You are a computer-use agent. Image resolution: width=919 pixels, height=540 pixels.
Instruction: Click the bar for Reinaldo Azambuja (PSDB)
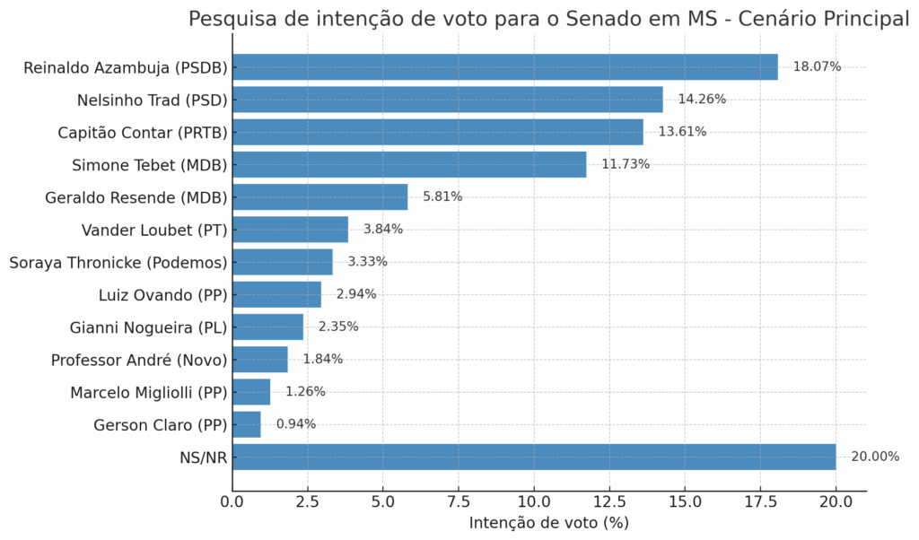504,67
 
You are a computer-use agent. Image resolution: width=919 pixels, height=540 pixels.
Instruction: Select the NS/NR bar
534,457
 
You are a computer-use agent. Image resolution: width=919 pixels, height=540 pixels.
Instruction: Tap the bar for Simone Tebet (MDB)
409,164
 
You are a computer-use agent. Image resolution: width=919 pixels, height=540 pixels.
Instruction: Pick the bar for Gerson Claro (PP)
247,424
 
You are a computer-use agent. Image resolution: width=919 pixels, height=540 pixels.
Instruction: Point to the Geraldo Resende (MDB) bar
319,196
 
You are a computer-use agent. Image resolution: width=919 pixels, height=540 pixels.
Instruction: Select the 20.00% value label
874,457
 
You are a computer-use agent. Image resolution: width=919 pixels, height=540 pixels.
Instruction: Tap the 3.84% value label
383,230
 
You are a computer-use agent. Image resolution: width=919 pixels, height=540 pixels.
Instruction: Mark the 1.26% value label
305,392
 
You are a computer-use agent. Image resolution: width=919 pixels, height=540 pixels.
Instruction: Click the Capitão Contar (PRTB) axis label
143,132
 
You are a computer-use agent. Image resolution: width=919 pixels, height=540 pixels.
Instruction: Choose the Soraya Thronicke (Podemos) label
118,262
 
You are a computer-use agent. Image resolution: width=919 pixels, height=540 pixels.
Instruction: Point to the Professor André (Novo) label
139,360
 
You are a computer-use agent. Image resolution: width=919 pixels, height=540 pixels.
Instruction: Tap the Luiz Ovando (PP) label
162,294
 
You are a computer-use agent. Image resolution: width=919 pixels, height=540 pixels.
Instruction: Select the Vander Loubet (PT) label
154,230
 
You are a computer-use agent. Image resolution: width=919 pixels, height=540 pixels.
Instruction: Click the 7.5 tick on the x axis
459,501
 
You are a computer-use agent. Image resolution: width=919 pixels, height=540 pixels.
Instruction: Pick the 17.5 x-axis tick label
760,501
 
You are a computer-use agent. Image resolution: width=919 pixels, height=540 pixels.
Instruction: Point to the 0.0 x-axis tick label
232,501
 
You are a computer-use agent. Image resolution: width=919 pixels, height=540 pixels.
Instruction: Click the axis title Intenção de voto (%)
548,523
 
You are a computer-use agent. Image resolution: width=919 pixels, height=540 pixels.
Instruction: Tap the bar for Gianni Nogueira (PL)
267,327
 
